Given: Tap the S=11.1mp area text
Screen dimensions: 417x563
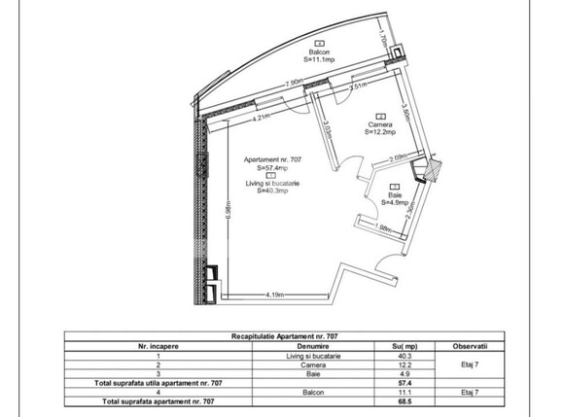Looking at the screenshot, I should point(318,59).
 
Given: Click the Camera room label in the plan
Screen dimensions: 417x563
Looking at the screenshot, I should point(380,123).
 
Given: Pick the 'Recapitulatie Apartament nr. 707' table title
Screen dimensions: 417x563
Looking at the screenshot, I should point(281,336).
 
